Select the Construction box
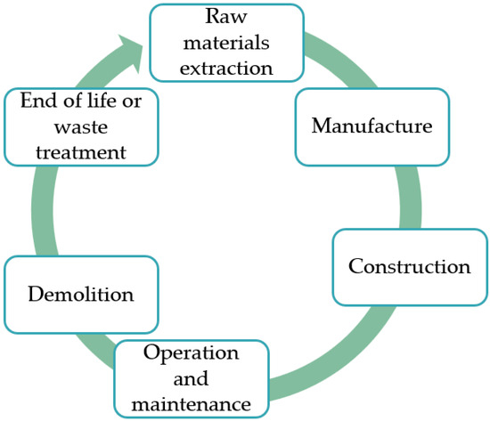[409, 266]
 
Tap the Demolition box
[81, 294]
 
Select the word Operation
[192, 353]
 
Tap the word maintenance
[192, 404]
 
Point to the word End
[37, 101]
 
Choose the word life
[104, 101]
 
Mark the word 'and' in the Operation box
[192, 378]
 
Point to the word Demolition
[81, 294]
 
